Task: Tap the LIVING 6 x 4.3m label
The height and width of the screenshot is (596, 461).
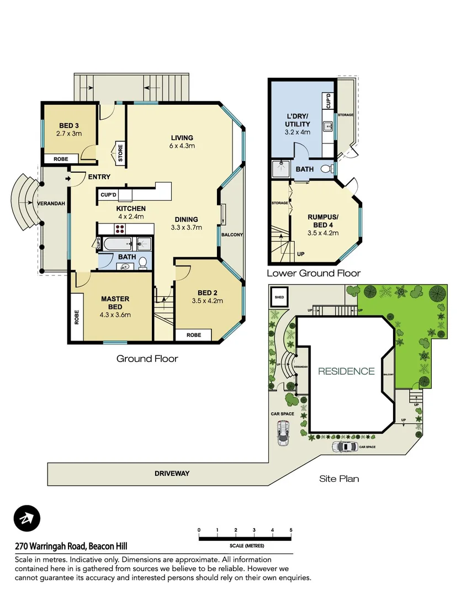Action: (x=182, y=142)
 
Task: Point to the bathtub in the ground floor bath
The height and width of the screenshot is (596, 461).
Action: (x=117, y=243)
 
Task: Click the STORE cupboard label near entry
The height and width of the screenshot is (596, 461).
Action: (x=119, y=153)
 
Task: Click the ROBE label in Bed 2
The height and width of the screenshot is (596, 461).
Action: (x=193, y=335)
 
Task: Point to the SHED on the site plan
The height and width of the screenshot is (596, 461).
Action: (x=278, y=299)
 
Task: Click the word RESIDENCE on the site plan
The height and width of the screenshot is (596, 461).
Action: (x=346, y=371)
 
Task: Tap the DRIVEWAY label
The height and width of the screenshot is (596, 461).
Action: (x=172, y=473)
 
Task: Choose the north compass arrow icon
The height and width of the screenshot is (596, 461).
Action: (x=27, y=519)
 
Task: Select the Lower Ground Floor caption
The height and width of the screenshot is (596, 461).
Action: (x=314, y=273)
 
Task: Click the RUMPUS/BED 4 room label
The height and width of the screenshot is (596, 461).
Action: (x=322, y=221)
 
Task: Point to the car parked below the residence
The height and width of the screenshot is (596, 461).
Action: (x=345, y=446)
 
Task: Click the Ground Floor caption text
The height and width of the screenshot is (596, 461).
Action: (x=147, y=359)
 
